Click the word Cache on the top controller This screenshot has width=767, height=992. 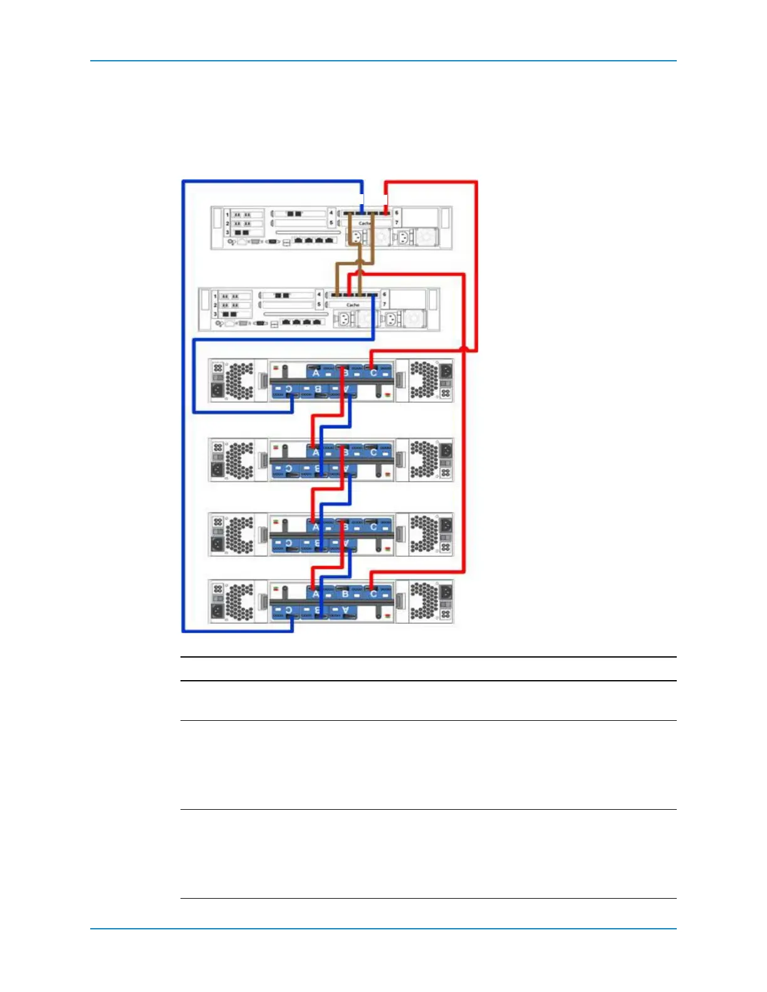pyautogui.click(x=364, y=223)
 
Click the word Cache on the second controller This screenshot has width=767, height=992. pyautogui.click(x=353, y=305)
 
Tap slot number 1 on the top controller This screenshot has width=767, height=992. pyautogui.click(x=227, y=215)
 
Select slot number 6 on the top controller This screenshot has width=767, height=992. pyautogui.click(x=396, y=213)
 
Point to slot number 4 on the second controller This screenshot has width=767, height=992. pyautogui.click(x=319, y=294)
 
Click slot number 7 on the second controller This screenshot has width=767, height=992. pyautogui.click(x=384, y=304)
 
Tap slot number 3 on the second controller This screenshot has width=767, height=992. pyautogui.click(x=215, y=314)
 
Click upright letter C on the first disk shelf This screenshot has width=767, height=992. pyautogui.click(x=373, y=373)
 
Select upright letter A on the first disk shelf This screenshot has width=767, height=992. pyautogui.click(x=316, y=373)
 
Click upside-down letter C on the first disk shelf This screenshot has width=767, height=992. pyautogui.click(x=289, y=389)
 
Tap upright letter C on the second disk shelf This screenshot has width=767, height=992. pyautogui.click(x=373, y=452)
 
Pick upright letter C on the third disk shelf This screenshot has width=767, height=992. pyautogui.click(x=373, y=527)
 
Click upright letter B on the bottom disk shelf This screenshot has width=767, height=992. pyautogui.click(x=345, y=594)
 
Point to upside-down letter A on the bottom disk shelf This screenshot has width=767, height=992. pyautogui.click(x=345, y=609)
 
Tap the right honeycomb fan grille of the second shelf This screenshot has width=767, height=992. pyautogui.click(x=424, y=459)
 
